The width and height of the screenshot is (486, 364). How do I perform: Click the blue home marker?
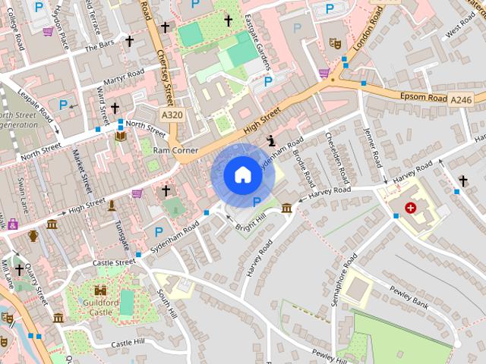[x=242, y=175]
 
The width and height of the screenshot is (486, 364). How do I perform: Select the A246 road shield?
[x=460, y=99]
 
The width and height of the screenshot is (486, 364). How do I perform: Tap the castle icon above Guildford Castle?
[x=101, y=290]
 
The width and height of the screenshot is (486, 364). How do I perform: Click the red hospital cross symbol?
[x=411, y=207]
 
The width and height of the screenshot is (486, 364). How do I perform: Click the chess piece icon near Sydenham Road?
[x=272, y=140]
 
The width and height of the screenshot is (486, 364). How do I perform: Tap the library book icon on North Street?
[x=121, y=136]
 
